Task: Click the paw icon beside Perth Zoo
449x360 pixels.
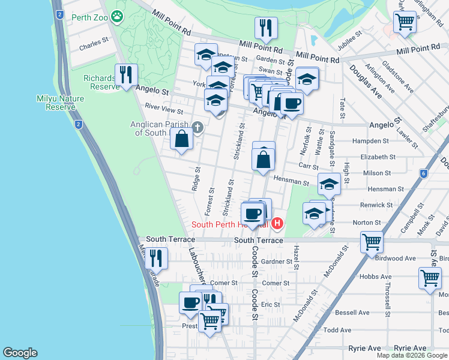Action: [116, 17]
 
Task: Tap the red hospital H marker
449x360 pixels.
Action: [277, 224]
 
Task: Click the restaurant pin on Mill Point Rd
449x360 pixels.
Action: [265, 28]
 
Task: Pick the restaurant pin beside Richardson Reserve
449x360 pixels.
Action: [126, 75]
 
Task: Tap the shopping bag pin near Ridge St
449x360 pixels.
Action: [181, 139]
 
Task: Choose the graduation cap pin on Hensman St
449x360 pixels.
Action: [328, 184]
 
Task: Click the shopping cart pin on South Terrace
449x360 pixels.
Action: [372, 242]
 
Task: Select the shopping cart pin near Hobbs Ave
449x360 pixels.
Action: [430, 280]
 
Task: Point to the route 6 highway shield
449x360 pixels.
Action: [423, 173]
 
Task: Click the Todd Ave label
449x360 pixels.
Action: [337, 330]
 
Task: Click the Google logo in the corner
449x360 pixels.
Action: [20, 353]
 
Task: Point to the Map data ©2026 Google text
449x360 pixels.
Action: [411, 355]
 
